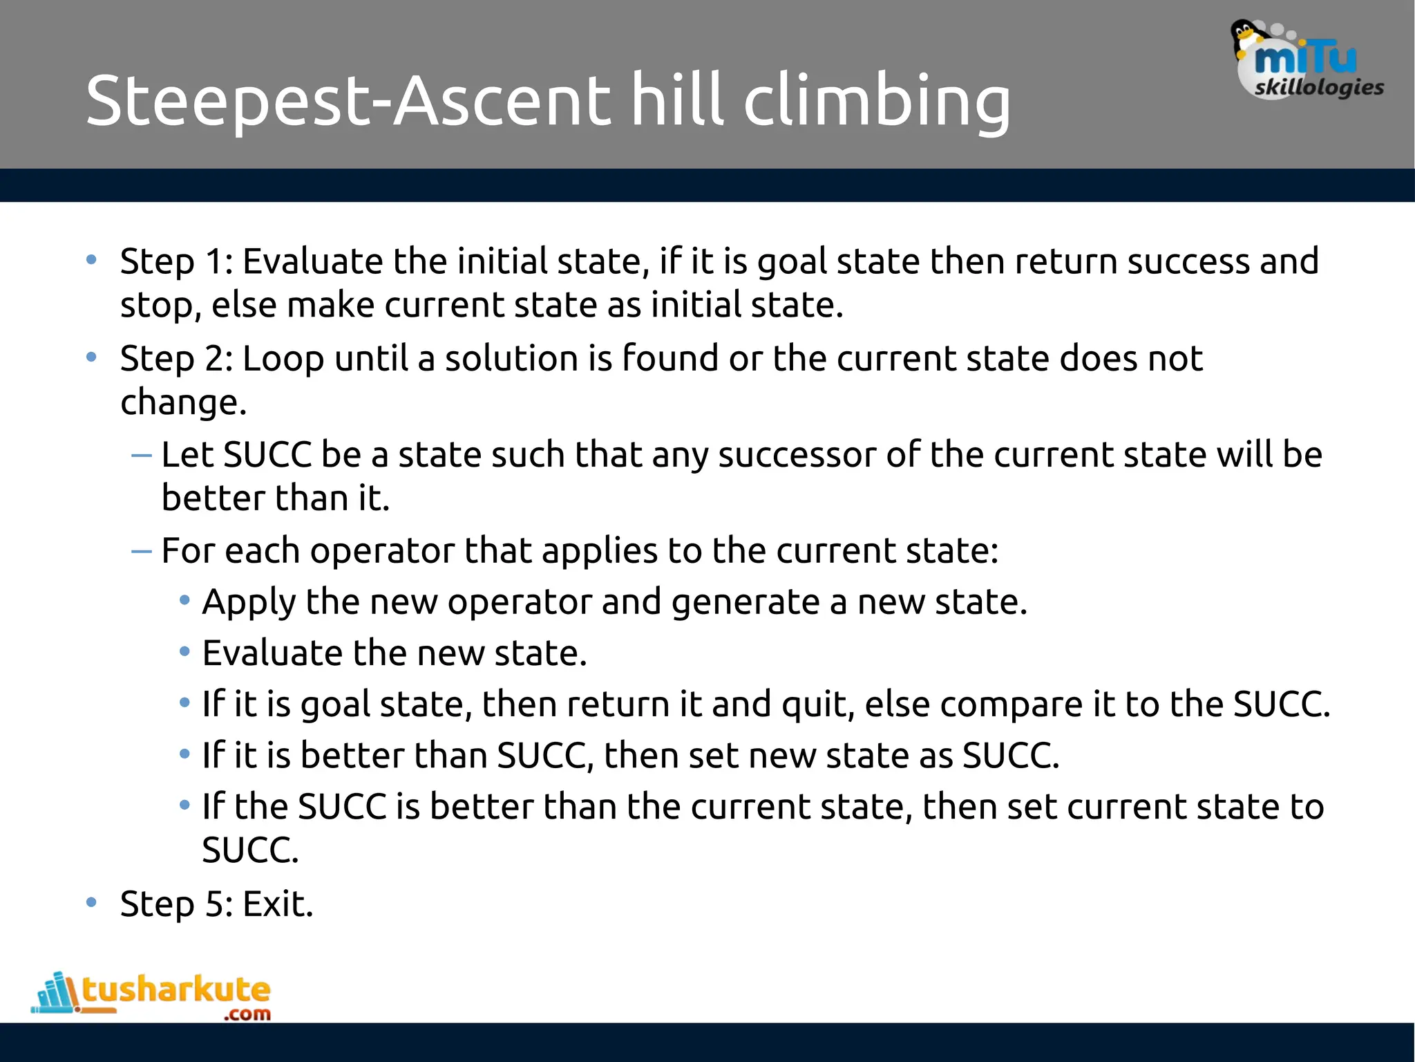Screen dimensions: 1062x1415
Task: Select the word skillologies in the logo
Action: point(1319,88)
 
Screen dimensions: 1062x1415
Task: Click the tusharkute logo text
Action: point(176,989)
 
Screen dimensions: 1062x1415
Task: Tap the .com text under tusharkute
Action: point(247,1014)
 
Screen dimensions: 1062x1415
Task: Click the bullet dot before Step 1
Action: point(91,261)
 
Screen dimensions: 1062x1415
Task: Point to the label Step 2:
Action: point(177,359)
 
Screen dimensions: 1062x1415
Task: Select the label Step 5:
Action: point(177,904)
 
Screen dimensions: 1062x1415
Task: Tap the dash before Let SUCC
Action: point(141,455)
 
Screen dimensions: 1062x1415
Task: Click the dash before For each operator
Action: point(141,551)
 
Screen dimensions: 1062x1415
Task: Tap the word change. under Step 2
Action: point(183,403)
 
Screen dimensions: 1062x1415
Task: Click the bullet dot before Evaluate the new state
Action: point(184,652)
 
